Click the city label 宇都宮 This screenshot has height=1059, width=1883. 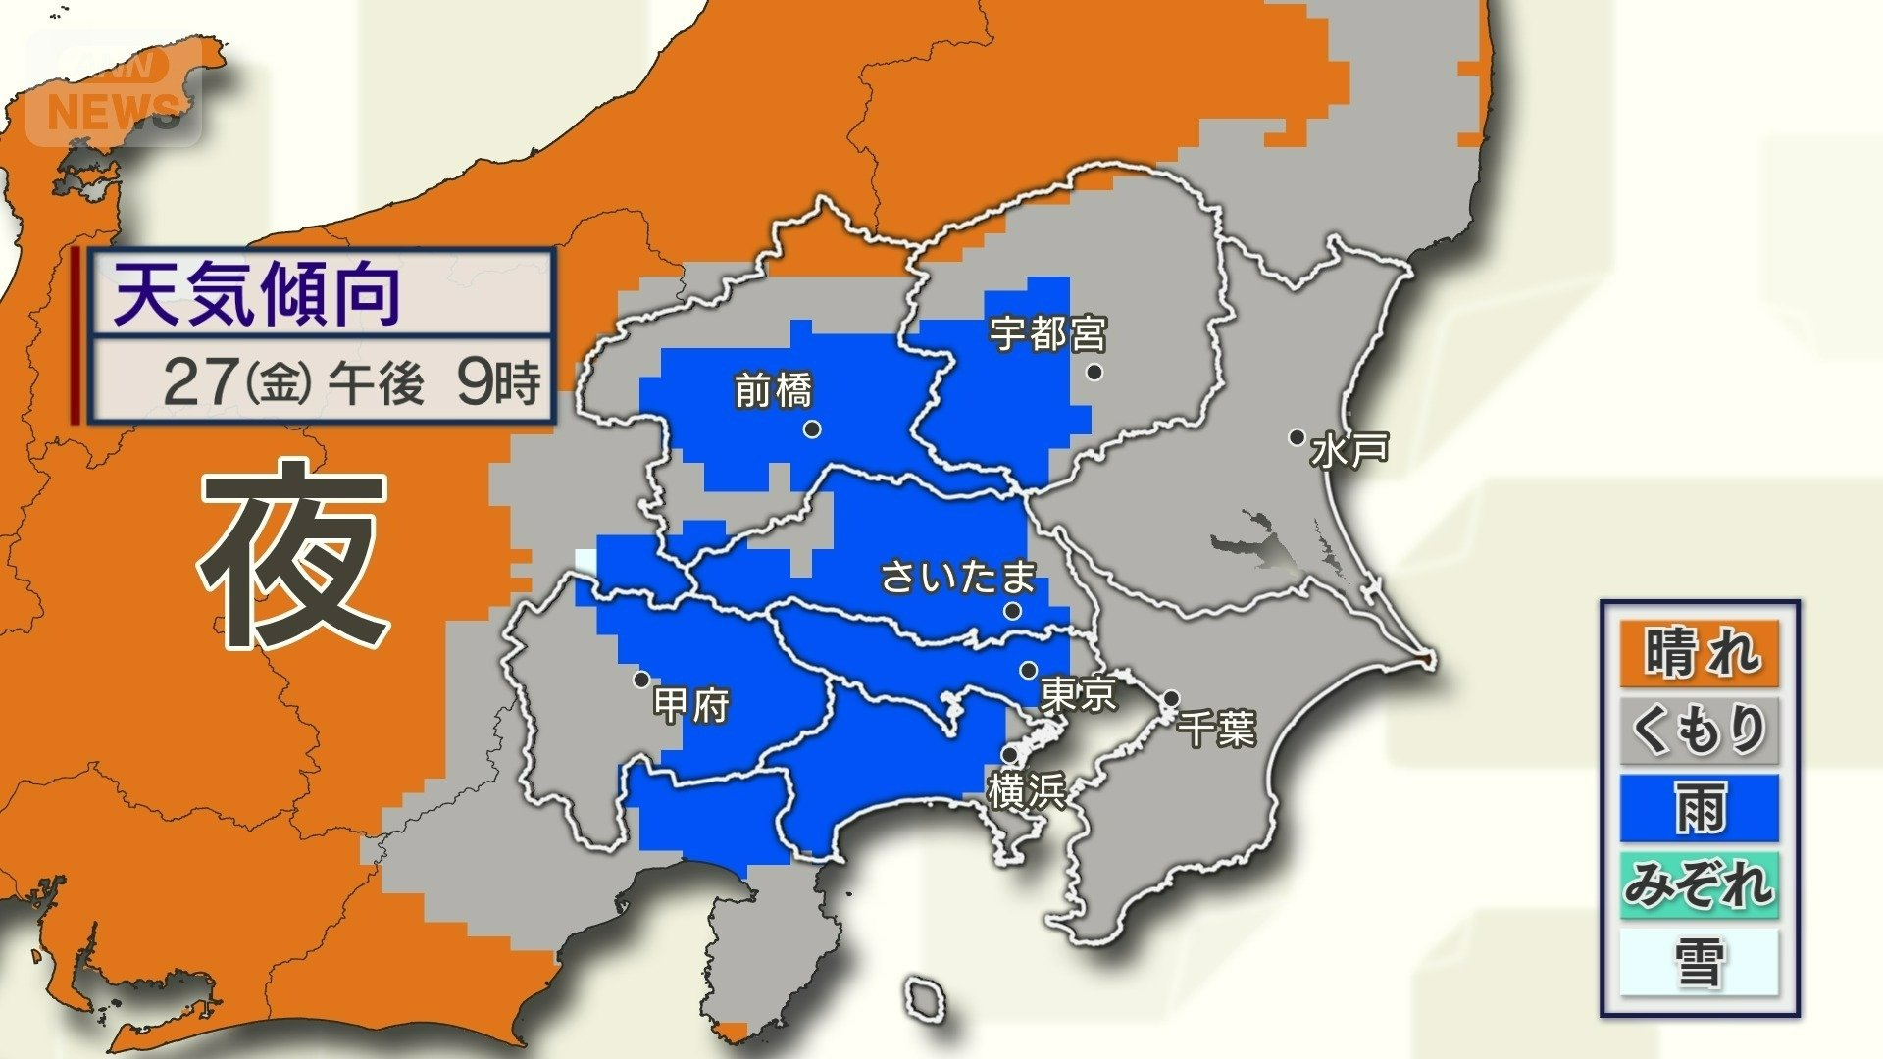click(1047, 334)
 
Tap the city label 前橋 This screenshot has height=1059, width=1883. click(774, 392)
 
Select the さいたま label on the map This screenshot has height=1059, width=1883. click(958, 577)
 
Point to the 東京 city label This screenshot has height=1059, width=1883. click(1078, 694)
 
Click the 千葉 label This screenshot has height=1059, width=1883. click(1217, 730)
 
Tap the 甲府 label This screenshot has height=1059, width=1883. click(691, 705)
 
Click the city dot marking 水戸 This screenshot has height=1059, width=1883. click(1297, 437)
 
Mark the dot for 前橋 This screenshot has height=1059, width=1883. click(812, 429)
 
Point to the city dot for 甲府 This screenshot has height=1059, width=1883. click(641, 679)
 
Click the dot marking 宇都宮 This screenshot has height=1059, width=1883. click(1094, 372)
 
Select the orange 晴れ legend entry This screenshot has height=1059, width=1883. click(1699, 653)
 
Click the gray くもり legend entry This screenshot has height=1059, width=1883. click(1699, 731)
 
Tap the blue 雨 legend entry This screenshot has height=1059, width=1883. click(1699, 808)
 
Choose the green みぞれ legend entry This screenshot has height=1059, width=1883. click(1699, 885)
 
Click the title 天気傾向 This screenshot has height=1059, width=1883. click(258, 295)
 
